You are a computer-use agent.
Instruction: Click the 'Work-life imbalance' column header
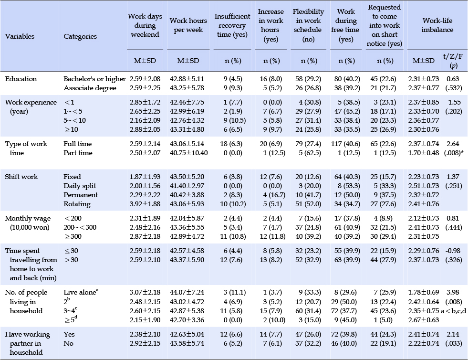pyautogui.click(x=437, y=25)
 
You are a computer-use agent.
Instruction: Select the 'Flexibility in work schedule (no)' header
pyautogui.click(x=308, y=25)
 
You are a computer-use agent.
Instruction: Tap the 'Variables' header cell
pyautogui.click(x=20, y=36)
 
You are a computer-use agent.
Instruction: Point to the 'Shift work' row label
pyautogui.click(x=21, y=177)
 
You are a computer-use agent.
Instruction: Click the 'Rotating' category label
pyautogui.click(x=77, y=204)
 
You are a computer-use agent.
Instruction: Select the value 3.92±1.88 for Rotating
pyautogui.click(x=145, y=204)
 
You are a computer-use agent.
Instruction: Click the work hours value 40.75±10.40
pyautogui.click(x=188, y=153)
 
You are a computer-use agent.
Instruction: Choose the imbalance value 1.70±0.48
pyautogui.click(x=424, y=153)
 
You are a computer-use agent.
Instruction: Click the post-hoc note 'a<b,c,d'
pyautogui.click(x=454, y=311)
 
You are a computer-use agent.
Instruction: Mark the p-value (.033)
pyautogui.click(x=454, y=344)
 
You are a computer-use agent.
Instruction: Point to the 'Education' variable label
pyautogui.click(x=21, y=79)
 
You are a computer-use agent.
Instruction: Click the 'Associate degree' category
pyautogui.click(x=90, y=88)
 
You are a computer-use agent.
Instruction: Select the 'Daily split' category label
pyautogui.click(x=80, y=186)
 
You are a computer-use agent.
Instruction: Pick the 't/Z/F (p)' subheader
pyautogui.click(x=453, y=61)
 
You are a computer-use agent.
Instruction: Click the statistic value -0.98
pyautogui.click(x=453, y=251)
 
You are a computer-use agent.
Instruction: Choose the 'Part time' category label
pyautogui.click(x=78, y=153)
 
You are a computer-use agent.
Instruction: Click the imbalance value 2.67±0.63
pyautogui.click(x=424, y=320)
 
